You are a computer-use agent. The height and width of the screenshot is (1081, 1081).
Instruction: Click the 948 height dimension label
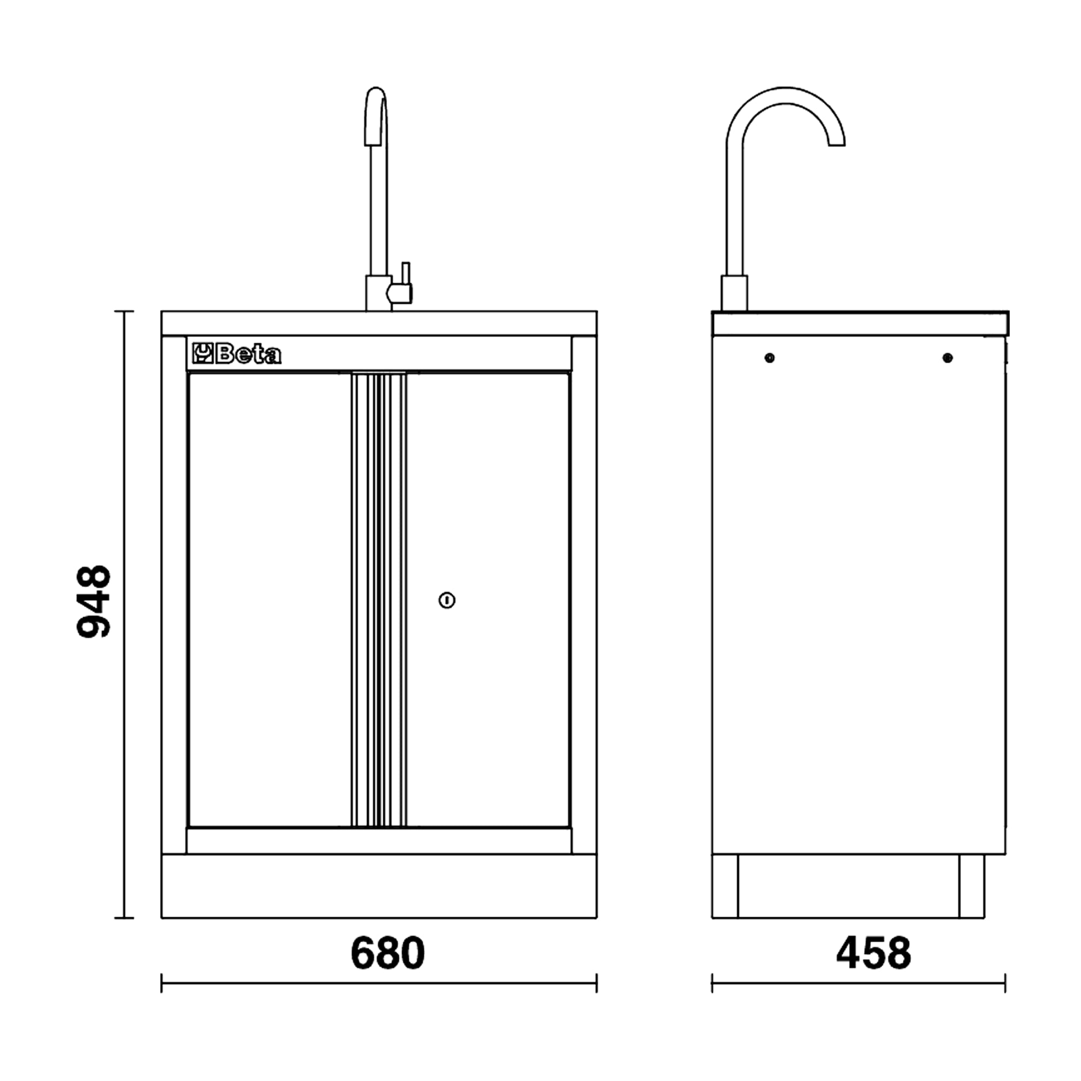(94, 602)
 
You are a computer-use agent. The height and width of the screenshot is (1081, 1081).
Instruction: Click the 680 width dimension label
(388, 953)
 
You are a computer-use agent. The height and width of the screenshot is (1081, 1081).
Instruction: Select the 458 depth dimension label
(873, 953)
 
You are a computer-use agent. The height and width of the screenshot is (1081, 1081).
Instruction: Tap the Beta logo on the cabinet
(237, 353)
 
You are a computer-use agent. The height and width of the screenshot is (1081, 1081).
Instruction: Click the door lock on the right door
(446, 600)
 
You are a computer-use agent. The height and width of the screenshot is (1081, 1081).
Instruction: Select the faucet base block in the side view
(734, 293)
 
